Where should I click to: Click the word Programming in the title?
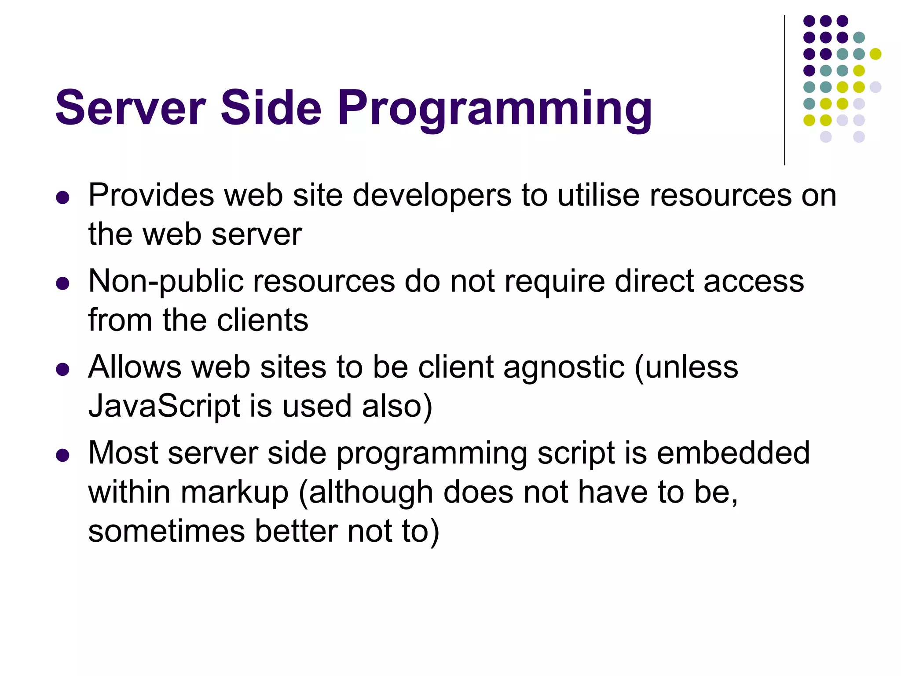[494, 109]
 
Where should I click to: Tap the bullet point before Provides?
[63, 197]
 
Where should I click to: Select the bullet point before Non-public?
[63, 283]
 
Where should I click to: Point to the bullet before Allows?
[63, 369]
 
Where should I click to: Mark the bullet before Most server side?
[63, 455]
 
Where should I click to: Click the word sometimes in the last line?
[166, 531]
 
